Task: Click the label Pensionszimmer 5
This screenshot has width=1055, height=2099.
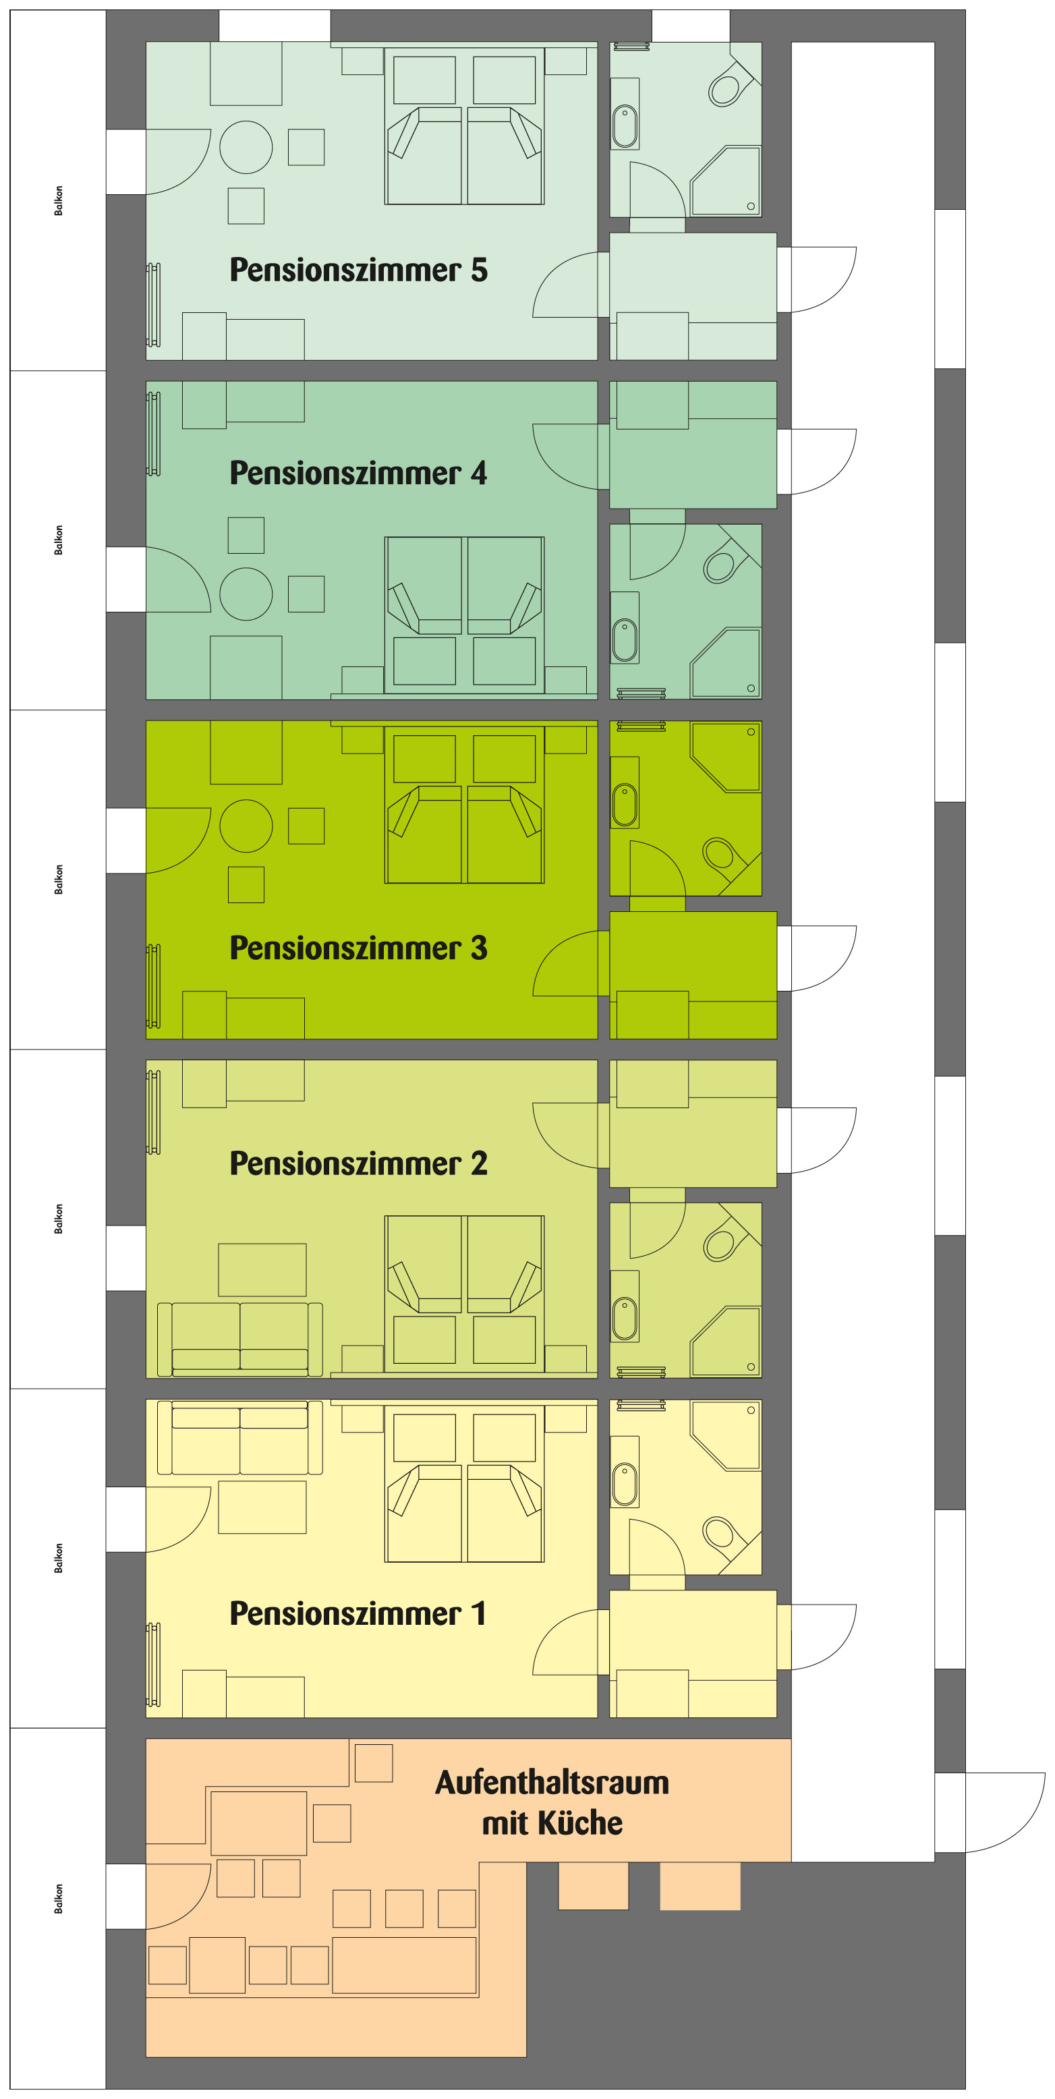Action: (358, 270)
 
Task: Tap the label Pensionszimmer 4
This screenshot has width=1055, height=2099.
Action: (358, 473)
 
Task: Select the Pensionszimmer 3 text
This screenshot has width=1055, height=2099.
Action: (358, 948)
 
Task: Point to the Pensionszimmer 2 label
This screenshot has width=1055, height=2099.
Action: (358, 1163)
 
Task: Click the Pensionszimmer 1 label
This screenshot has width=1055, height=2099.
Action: (358, 1613)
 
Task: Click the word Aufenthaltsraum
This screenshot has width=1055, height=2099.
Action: (552, 1783)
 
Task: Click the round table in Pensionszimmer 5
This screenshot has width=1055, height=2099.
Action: (246, 148)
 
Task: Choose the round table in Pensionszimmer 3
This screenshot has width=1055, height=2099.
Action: (246, 826)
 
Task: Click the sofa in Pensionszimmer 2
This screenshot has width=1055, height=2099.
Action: (239, 1340)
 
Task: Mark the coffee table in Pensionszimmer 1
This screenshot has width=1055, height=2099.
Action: (262, 1507)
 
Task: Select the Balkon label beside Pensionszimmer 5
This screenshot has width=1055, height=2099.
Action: (59, 200)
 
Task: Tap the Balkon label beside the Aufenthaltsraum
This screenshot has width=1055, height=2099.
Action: (59, 1899)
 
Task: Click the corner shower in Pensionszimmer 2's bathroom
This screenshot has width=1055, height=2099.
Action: (726, 1341)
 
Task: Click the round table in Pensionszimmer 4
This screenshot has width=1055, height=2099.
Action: (246, 594)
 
